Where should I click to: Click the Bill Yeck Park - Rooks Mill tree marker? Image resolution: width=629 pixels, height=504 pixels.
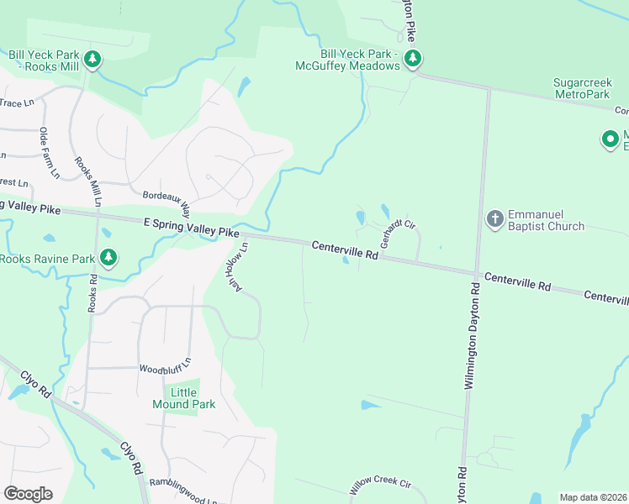click(93, 60)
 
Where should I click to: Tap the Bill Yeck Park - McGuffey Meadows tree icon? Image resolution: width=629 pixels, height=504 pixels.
click(412, 59)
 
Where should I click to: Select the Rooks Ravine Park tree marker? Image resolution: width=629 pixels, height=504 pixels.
click(108, 258)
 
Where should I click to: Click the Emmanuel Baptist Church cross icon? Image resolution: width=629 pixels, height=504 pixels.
click(494, 219)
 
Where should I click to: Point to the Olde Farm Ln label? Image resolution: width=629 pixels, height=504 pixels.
click(48, 152)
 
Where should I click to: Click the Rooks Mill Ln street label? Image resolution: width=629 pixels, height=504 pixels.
click(87, 181)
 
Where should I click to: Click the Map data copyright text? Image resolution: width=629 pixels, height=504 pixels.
click(593, 497)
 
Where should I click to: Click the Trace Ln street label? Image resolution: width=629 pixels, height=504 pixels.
click(17, 102)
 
